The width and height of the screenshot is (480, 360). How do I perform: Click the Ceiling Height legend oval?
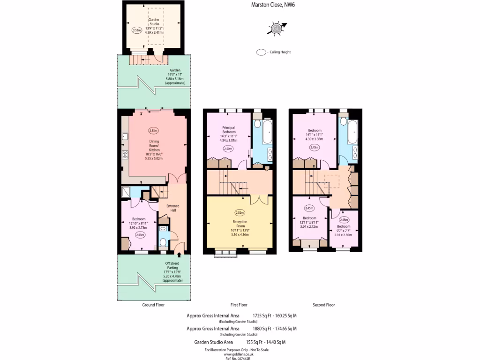pos(261,52)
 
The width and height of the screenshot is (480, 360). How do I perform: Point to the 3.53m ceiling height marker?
pos(137,30)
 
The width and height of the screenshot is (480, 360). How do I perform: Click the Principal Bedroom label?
pos(229,133)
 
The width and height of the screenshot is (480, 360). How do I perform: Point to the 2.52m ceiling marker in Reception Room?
pos(240,212)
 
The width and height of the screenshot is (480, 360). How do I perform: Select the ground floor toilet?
pos(162,242)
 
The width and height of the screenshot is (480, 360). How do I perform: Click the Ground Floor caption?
pos(153,305)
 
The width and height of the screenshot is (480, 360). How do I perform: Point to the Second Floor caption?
pos(324,305)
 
